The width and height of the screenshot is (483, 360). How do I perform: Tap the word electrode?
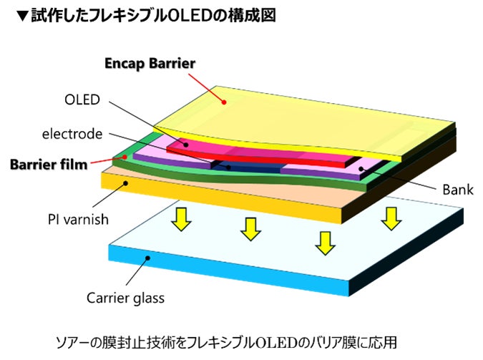(x=72, y=133)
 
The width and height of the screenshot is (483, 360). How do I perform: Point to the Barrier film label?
(x=49, y=165)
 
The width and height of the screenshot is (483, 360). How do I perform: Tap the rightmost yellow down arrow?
(x=389, y=218)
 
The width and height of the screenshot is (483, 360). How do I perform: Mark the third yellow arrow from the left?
(x=325, y=243)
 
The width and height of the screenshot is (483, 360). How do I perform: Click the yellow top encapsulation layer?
(x=301, y=107)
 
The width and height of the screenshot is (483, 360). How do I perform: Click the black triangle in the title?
(x=21, y=14)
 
